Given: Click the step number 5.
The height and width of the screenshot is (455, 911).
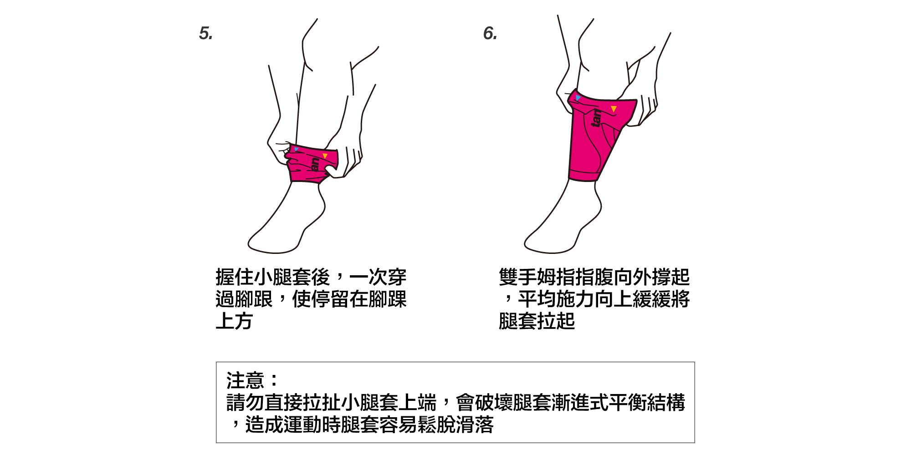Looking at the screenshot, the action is pos(206,33).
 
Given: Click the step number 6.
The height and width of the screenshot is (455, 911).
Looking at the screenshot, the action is pos(490,33).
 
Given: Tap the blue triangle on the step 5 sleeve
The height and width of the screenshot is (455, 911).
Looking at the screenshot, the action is pos(297,149).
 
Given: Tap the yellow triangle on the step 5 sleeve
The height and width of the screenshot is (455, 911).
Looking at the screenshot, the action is pos(325,156).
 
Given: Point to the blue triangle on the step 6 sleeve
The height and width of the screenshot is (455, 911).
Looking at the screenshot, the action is pos(578,97).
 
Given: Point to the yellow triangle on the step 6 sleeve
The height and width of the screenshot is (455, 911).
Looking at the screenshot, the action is pos(614,109).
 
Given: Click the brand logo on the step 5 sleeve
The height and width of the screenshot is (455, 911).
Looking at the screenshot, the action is pos(314,164).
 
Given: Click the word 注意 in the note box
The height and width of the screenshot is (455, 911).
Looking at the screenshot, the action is pos(245,380).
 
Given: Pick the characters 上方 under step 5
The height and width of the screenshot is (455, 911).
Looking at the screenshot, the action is pos(234,321).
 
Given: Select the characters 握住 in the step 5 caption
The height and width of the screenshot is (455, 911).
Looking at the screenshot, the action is pos(235,277).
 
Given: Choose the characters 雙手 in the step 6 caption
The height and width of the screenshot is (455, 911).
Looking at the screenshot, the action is pos(518,277).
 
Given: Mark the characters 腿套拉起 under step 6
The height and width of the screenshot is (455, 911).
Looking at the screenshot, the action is pos(537,321).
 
